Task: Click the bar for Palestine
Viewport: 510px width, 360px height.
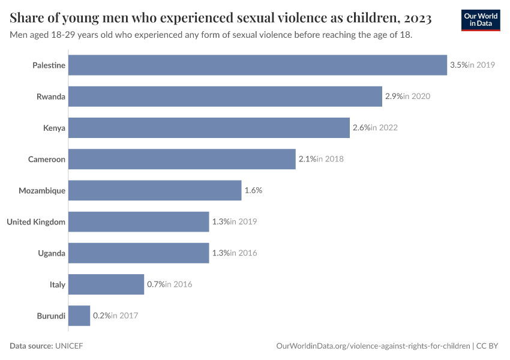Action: (257, 65)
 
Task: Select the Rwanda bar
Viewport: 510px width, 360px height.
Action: (225, 96)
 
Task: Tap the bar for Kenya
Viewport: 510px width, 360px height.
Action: (209, 128)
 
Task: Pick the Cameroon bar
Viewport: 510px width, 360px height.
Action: (182, 159)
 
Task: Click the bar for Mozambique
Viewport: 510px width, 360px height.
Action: (155, 190)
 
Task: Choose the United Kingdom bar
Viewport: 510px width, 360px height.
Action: (139, 221)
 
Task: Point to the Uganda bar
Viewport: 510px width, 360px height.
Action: (139, 253)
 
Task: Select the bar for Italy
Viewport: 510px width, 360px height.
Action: (106, 284)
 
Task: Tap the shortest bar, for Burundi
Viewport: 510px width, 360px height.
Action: (79, 316)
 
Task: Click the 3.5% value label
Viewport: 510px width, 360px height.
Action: (458, 65)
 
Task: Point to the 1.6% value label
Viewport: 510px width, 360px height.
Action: (253, 190)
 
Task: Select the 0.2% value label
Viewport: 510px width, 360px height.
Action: (101, 316)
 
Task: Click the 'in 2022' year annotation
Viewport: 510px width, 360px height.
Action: (384, 128)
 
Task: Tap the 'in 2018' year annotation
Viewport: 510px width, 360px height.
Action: (330, 159)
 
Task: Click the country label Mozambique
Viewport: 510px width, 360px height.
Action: (42, 190)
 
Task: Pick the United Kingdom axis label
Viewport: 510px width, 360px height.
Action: (36, 221)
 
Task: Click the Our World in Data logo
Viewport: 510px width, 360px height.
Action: (480, 20)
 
